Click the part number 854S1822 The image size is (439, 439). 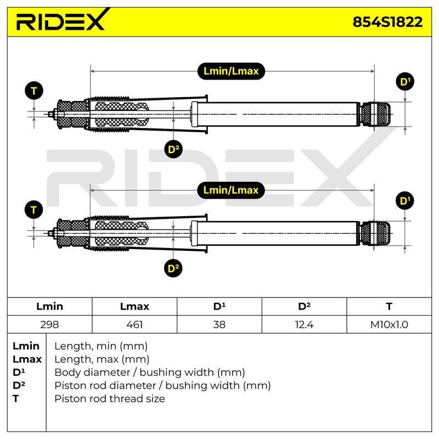click(x=387, y=22)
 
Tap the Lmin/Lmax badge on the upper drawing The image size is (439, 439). click(x=231, y=71)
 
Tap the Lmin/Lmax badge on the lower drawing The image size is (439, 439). click(x=231, y=190)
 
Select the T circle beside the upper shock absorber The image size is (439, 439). click(x=34, y=91)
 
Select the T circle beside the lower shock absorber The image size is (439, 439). click(x=34, y=210)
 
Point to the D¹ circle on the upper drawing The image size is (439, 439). click(x=405, y=82)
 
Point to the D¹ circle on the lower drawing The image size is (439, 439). click(x=405, y=201)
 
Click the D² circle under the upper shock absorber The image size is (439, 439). click(x=173, y=149)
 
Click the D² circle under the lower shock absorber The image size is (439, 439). click(x=173, y=268)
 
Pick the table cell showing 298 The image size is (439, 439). click(x=49, y=324)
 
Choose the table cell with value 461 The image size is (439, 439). click(x=134, y=324)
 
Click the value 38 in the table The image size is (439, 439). click(x=219, y=324)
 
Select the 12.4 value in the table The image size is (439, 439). click(x=304, y=324)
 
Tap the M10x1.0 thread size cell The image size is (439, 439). click(x=389, y=324)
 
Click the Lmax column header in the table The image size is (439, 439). click(x=134, y=306)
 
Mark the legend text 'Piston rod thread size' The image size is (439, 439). click(x=110, y=398)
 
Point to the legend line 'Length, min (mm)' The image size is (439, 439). click(x=101, y=346)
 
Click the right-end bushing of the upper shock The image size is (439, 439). click(x=375, y=114)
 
